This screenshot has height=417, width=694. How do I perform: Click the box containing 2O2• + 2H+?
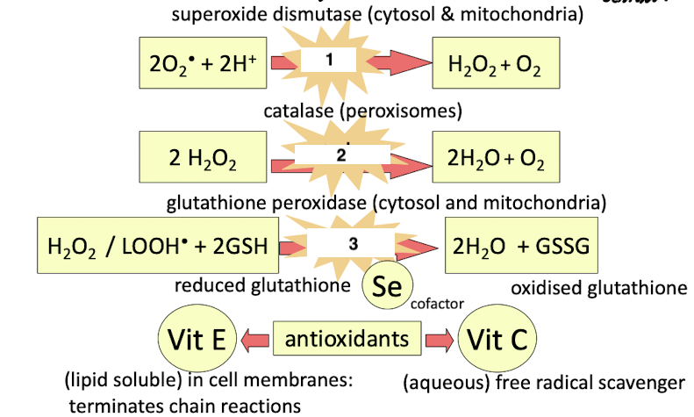(203, 63)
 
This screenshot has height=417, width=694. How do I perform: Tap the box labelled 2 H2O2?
(203, 159)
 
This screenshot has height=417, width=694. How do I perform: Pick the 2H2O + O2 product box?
(496, 159)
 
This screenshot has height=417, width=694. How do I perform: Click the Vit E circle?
(194, 337)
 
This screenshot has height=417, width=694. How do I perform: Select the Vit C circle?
(497, 339)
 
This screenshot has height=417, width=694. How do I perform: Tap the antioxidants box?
(348, 337)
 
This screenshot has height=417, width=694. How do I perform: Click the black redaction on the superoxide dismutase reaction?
(327, 60)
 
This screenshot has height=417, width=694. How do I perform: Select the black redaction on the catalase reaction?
(342, 153)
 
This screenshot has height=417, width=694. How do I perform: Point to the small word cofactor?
(437, 304)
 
